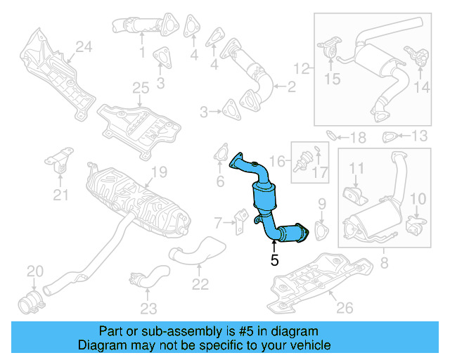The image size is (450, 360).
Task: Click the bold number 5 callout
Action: (274, 259)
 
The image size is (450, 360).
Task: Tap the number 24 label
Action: (84, 48)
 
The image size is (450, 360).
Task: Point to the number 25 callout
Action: (141, 88)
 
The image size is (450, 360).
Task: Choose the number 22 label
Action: (200, 284)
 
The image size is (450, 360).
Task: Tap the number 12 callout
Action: (302, 69)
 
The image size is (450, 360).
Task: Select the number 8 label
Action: (384, 264)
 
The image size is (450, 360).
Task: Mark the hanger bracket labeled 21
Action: (60, 164)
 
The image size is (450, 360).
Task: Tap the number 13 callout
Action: (420, 135)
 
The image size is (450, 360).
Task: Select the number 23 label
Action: (148, 307)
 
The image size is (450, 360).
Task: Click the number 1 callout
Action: (142, 52)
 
